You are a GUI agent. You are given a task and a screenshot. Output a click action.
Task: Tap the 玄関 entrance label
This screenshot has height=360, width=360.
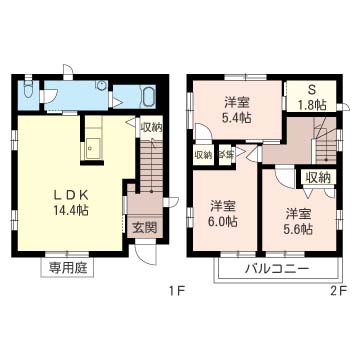[144, 227]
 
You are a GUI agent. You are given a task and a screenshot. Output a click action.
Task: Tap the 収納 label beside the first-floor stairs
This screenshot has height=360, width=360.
[151, 127]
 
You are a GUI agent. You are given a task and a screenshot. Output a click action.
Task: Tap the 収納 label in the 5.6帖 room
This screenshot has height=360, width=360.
[318, 177]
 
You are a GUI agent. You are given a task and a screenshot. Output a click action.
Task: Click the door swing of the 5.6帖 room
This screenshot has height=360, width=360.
[284, 176]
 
